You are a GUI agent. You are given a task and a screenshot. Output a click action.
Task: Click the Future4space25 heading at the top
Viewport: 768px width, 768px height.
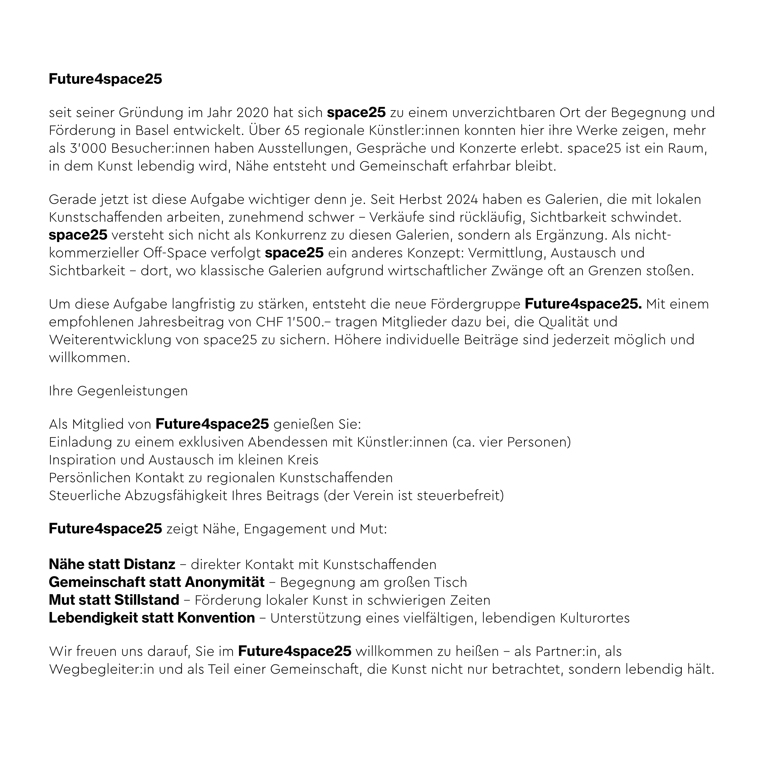click(105, 79)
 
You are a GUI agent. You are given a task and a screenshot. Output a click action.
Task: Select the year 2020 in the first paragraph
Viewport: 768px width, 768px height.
click(252, 113)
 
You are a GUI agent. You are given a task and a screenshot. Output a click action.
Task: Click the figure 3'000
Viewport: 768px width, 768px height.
click(88, 148)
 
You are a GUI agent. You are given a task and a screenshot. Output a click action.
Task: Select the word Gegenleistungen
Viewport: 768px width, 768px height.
click(132, 391)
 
